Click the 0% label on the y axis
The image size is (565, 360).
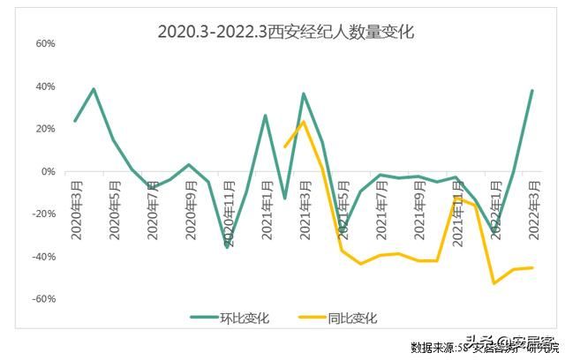[x=49, y=171]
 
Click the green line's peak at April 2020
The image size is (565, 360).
[x=94, y=89]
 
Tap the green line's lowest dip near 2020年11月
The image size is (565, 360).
[x=227, y=247]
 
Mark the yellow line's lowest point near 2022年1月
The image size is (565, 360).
[x=494, y=283]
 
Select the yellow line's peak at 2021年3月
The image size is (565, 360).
[x=304, y=122]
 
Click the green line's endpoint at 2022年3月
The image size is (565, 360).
[x=532, y=90]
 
